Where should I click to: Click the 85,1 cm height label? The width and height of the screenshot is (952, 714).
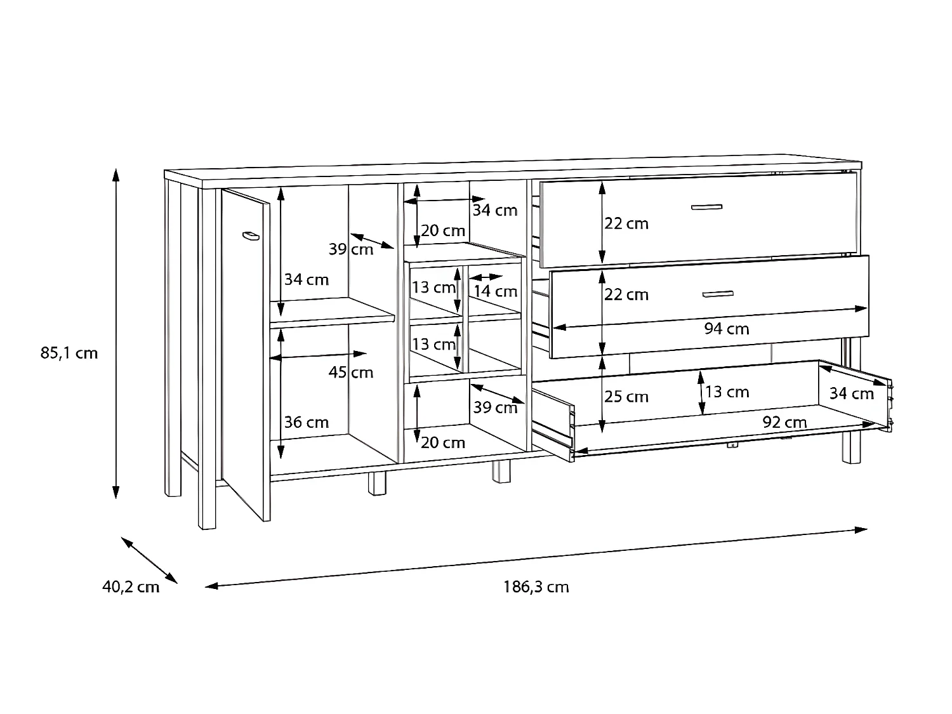(69, 353)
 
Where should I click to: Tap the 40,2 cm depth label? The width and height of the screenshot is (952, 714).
(131, 587)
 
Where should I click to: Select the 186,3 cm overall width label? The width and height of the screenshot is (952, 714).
(536, 587)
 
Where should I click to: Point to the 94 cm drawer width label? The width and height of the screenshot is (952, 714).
(726, 329)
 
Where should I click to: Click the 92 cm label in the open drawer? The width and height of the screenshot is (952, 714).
(784, 422)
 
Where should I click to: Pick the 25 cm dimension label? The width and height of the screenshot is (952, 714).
(626, 397)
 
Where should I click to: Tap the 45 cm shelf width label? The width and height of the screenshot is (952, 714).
(350, 372)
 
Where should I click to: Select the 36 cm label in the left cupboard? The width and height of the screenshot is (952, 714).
(306, 422)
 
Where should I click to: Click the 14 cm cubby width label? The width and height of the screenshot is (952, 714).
(495, 291)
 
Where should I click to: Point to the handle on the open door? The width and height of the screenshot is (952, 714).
(251, 236)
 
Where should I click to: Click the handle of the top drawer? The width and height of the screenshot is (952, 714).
(706, 207)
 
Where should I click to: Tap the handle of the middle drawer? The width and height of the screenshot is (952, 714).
(718, 293)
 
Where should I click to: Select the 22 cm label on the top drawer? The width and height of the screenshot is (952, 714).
(626, 223)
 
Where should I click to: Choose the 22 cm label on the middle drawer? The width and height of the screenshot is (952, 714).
(626, 294)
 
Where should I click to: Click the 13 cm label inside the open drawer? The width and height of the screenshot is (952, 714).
(727, 392)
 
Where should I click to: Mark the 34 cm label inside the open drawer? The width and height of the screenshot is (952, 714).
(851, 393)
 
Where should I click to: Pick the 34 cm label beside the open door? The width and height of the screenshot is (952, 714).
(306, 279)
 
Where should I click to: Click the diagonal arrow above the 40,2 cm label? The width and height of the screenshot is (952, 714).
(149, 560)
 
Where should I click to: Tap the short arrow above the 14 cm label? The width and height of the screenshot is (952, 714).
(487, 277)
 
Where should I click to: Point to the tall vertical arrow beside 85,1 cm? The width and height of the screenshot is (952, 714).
(116, 333)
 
